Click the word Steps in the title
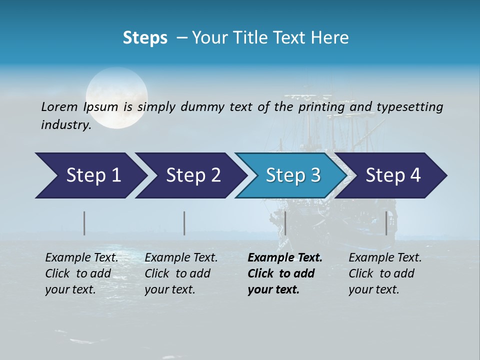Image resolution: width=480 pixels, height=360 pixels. (145, 38)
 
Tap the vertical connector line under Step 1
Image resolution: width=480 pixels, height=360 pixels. (84, 223)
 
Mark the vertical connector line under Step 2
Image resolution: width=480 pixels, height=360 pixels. (184, 223)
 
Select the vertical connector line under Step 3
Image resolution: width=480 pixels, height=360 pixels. (285, 223)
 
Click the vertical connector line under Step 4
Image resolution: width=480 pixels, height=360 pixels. (386, 223)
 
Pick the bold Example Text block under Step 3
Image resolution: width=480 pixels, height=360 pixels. (284, 273)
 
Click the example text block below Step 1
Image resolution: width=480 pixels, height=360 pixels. (81, 273)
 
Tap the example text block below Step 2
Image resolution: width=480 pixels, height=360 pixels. (181, 273)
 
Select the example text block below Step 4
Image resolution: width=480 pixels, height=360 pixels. (385, 273)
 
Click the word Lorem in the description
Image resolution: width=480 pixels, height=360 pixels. (59, 106)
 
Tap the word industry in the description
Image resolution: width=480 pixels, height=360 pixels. (65, 124)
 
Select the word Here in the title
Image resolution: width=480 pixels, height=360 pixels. (331, 38)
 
